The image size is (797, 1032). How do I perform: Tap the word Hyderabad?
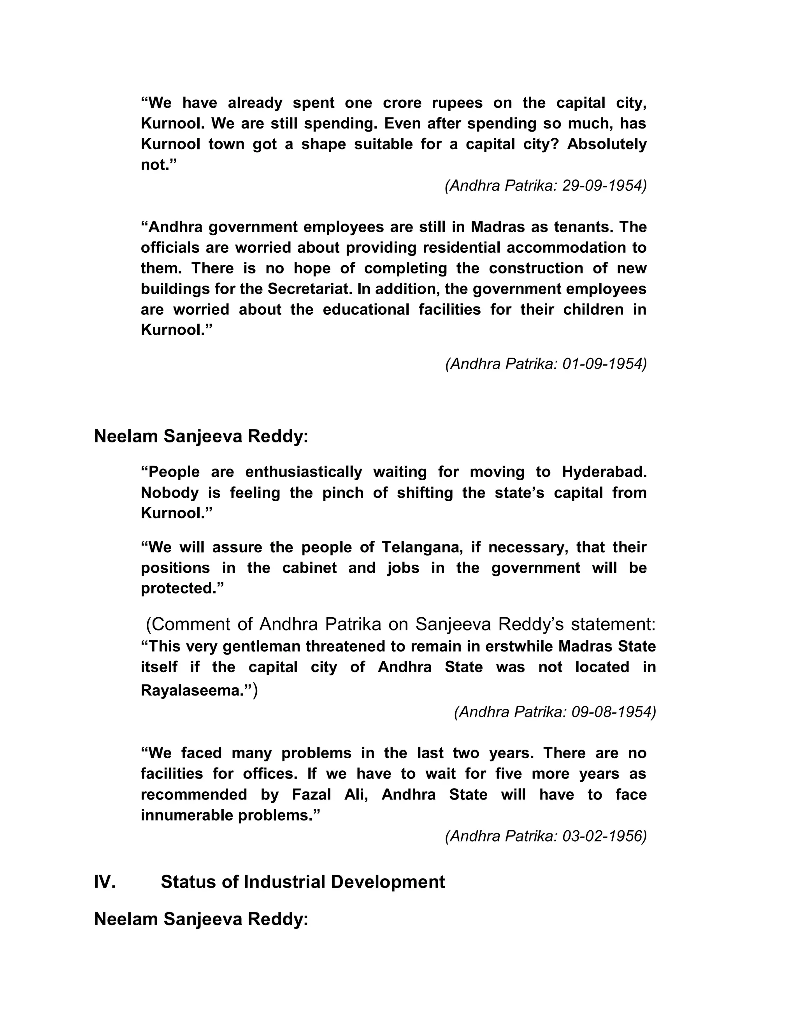tap(604, 472)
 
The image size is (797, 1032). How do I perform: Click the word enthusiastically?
tap(304, 472)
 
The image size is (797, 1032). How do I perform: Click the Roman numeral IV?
tap(105, 882)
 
